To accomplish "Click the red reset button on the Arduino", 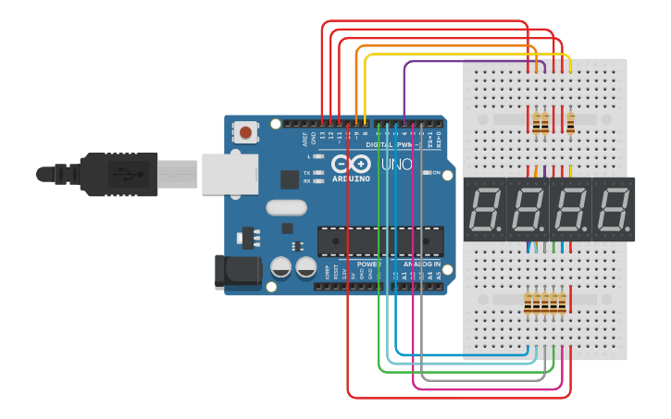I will point(245,132).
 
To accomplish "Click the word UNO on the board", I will point(397,164).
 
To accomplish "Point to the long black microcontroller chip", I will point(379,240).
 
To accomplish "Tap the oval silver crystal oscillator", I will point(286,207).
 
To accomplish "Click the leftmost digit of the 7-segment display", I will point(486,210).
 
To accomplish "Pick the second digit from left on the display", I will point(528,210).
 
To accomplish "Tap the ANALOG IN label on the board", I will point(421,264).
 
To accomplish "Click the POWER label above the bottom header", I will point(369,264).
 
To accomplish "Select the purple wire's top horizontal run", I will point(435,63).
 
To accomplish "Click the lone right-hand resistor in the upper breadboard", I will point(570,122).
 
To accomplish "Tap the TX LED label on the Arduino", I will point(306,173).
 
